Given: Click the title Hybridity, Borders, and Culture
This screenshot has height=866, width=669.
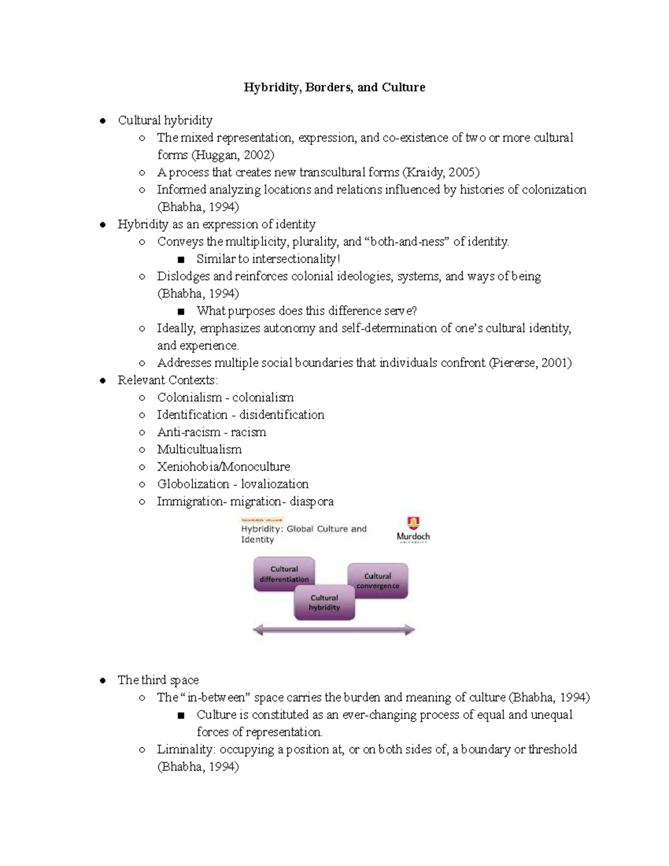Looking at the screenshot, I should tap(334, 88).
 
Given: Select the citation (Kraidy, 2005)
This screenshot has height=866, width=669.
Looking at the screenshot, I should tap(440, 172).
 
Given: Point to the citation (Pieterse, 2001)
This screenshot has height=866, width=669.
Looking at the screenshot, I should tap(530, 363).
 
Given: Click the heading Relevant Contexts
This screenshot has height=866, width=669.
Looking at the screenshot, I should tap(167, 380).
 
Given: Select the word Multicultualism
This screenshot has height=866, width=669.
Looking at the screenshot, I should tap(199, 449).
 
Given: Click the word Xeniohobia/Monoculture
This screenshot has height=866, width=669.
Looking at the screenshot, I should tap(223, 467).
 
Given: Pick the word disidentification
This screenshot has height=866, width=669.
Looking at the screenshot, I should tap(282, 415).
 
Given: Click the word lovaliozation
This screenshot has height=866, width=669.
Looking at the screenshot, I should tap(274, 484).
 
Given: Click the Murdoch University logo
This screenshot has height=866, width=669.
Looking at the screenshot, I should tap(413, 530).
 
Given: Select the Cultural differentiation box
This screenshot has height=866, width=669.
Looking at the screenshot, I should tap(284, 574).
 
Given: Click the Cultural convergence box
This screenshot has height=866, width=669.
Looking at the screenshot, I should tap(378, 580).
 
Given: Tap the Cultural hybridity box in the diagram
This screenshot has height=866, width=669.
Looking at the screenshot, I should tap(324, 603).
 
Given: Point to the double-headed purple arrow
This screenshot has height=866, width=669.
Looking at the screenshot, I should tap(334, 631).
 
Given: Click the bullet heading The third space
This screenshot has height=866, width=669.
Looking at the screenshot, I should tap(158, 680).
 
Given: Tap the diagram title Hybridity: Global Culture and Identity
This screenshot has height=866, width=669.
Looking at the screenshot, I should tap(303, 534).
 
